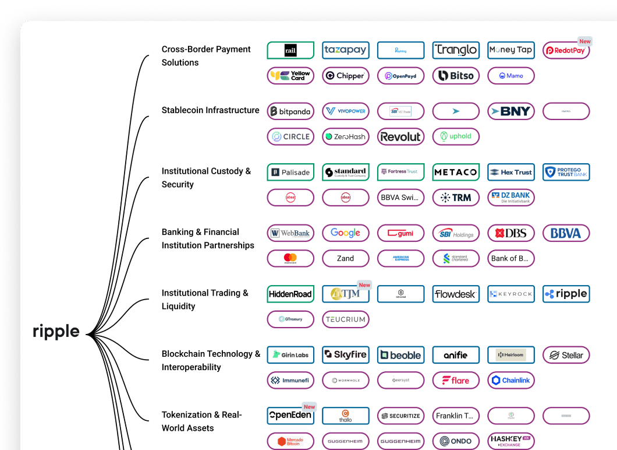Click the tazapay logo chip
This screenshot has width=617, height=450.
[x=345, y=50]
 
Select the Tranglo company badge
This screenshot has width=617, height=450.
[x=456, y=50]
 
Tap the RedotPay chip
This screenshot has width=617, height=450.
[x=566, y=51]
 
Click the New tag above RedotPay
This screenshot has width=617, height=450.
[x=584, y=41]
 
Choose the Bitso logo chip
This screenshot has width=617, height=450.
[x=456, y=76]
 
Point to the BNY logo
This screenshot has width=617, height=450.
[x=510, y=111]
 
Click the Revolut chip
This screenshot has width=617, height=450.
[x=400, y=137]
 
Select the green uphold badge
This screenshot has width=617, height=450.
[x=456, y=136]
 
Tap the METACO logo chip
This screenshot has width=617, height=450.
[x=456, y=172]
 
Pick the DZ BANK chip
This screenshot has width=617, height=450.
[x=510, y=198]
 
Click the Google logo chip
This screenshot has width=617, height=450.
[x=345, y=233]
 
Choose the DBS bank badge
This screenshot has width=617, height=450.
[x=510, y=233]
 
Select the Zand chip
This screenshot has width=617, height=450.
[x=345, y=258]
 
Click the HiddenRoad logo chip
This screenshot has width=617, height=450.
[x=290, y=294]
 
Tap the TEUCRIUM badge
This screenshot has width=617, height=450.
[x=345, y=319]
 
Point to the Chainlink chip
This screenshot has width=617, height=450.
[x=510, y=380]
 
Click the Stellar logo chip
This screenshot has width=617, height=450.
[x=566, y=355]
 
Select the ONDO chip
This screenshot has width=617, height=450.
[x=456, y=441]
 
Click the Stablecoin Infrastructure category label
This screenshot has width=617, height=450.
[x=210, y=110]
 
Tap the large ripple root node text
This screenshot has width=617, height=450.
[x=56, y=332]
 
